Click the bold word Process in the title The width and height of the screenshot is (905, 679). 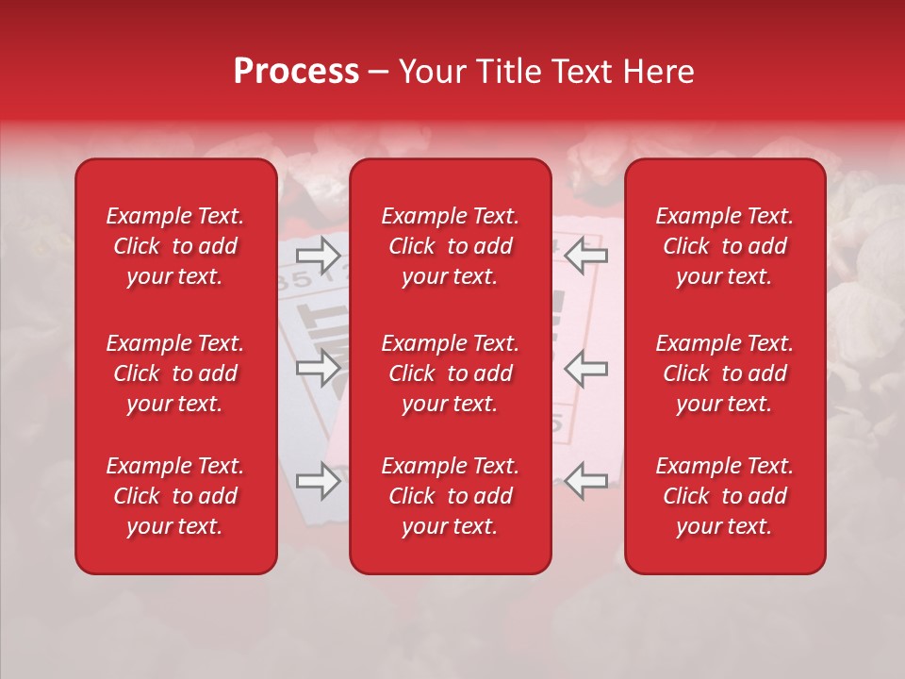296,72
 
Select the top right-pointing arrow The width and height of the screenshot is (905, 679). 319,255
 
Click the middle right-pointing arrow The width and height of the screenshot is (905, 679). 319,368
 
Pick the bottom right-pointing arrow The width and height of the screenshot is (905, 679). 319,481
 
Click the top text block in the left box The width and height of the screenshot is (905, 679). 175,246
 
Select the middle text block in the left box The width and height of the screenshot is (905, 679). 175,373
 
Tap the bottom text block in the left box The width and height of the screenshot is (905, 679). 175,496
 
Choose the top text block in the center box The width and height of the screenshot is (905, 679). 451,246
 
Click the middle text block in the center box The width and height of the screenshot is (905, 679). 451,373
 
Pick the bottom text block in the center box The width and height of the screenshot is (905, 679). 451,496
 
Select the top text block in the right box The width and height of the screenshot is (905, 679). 725,246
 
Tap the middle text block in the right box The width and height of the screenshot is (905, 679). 725,373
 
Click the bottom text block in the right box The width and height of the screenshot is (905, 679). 725,496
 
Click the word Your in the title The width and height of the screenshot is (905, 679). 432,72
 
